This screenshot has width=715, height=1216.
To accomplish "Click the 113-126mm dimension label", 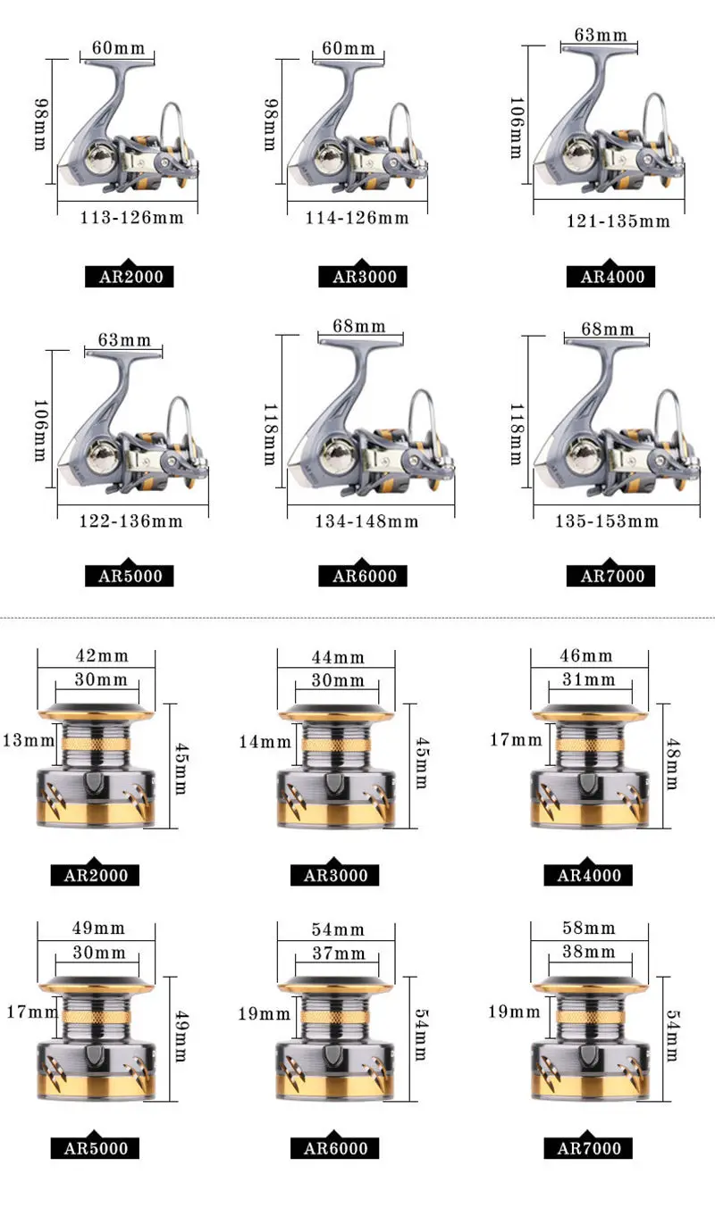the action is pos(131,218).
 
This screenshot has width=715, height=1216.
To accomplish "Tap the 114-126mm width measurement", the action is pos(357,218).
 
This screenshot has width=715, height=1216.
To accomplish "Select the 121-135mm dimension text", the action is pos(618,221).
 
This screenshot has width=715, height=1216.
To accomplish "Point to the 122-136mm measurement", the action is pos(131,521).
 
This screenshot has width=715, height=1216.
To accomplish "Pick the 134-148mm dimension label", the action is pos(366,521).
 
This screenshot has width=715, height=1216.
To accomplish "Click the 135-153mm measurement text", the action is pos(606,521).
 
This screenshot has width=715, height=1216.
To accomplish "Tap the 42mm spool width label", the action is pos(102,656).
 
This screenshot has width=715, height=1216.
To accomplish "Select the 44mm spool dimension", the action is pos(338,657).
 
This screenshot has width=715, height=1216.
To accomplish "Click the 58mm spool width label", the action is pos(588,928).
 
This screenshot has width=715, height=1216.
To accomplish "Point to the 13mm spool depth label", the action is pos(29,740).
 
